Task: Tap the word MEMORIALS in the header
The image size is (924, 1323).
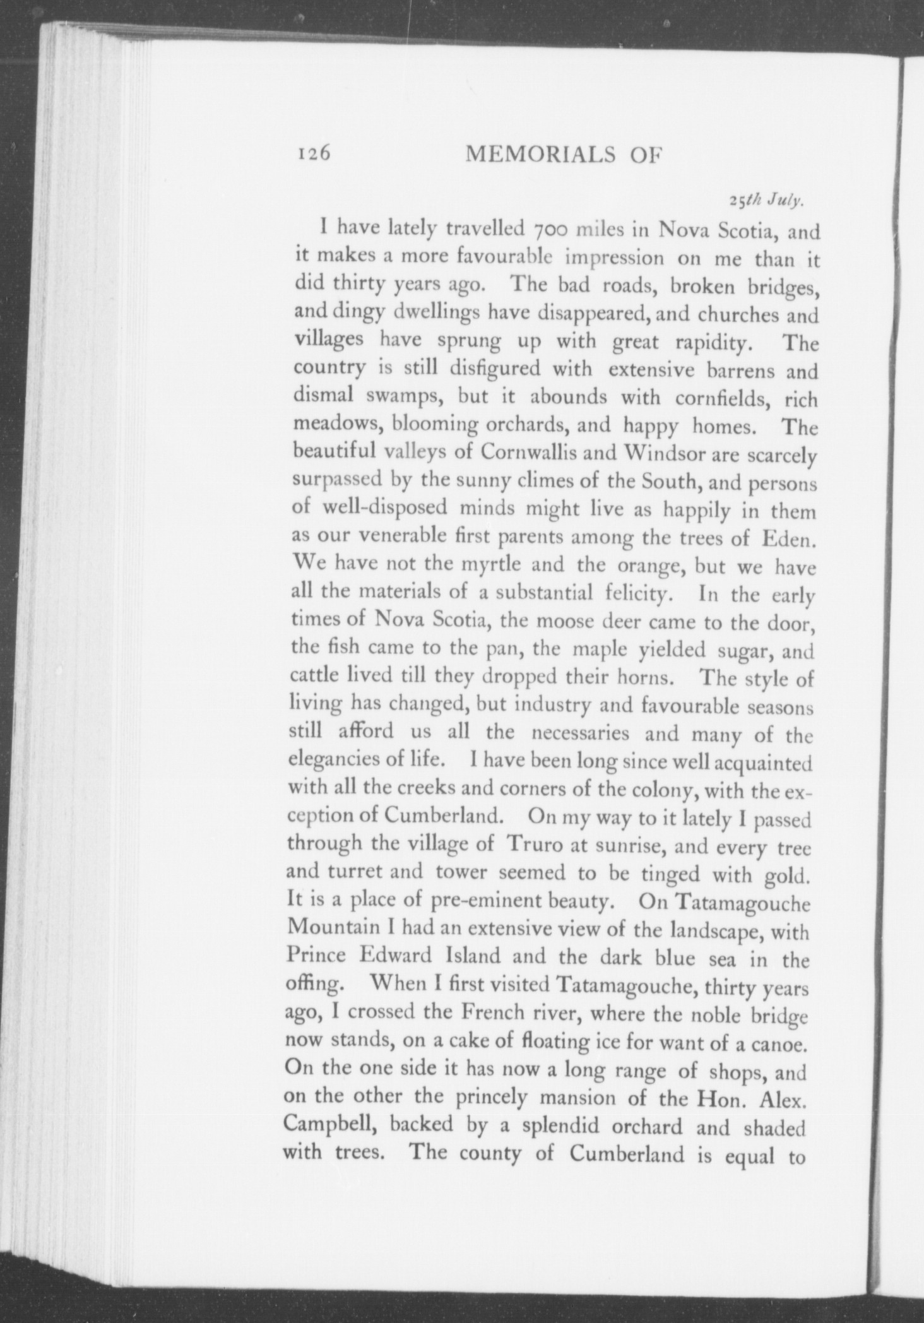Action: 536,155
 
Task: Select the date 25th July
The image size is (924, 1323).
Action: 766,201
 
